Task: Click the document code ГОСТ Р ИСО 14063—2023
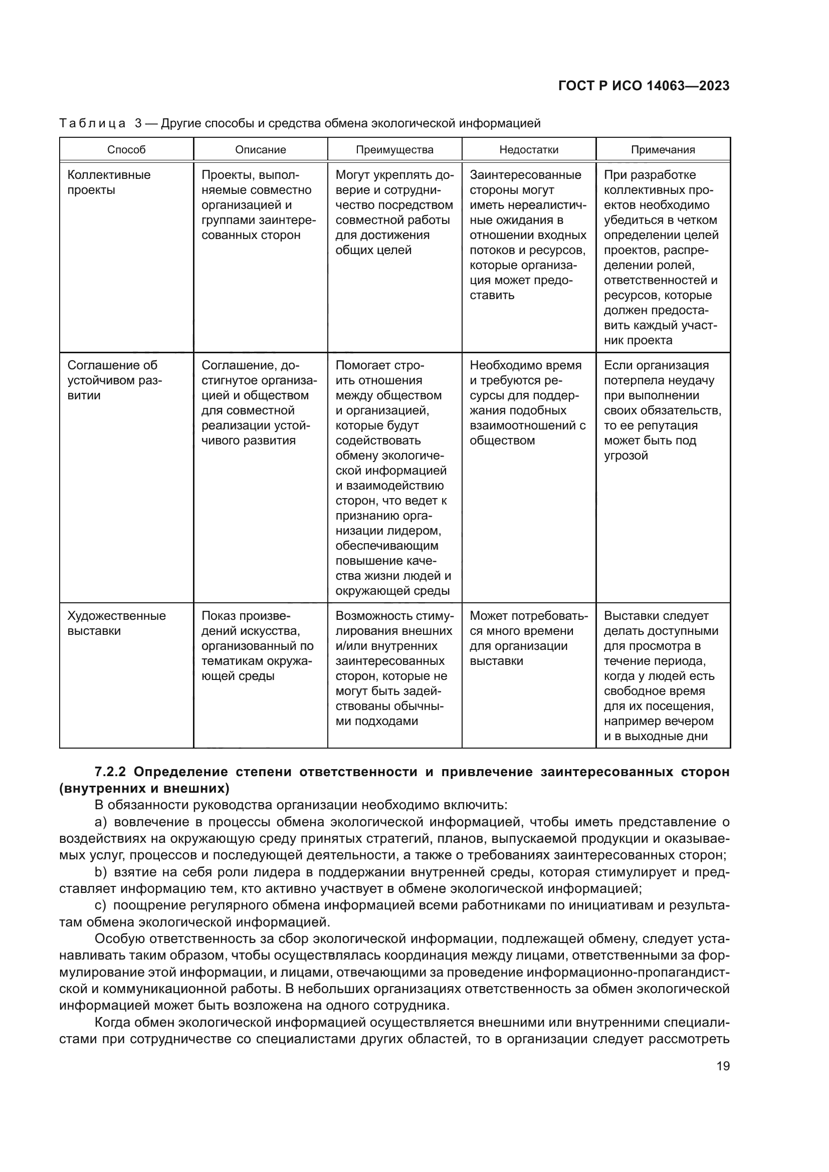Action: click(644, 86)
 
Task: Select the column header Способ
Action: click(126, 149)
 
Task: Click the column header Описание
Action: click(260, 149)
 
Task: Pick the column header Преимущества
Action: click(394, 149)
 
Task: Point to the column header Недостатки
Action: click(529, 149)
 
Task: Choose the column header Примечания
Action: click(663, 149)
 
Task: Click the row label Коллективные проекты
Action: click(109, 182)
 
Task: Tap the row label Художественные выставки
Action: click(116, 623)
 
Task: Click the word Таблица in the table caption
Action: click(92, 124)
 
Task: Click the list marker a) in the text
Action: click(101, 822)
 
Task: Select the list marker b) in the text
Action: click(101, 872)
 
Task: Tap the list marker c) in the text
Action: click(101, 905)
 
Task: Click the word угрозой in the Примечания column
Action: click(626, 455)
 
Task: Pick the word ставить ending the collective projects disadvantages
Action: click(492, 295)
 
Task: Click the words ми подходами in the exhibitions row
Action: click(377, 721)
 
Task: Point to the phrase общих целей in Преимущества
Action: click(373, 250)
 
